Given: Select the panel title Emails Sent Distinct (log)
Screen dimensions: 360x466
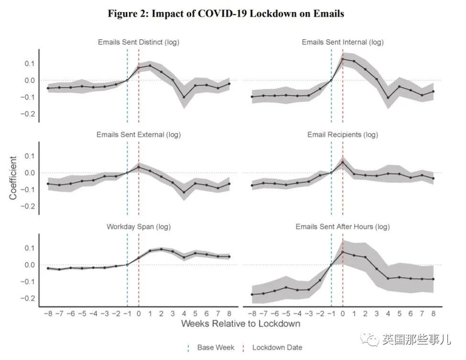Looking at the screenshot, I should tap(138, 43).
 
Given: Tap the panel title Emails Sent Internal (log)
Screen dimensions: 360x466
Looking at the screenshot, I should tap(343, 43).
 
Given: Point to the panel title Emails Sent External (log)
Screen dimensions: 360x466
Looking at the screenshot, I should tap(138, 134).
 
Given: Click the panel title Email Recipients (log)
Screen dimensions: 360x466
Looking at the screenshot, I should tap(343, 134).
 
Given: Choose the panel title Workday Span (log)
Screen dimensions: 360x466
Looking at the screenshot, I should tap(138, 227).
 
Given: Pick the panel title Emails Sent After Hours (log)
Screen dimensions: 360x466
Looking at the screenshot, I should tap(343, 227).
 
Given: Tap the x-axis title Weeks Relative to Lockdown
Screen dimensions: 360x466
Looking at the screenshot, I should tap(240, 324).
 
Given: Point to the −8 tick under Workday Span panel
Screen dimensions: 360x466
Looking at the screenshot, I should tap(48, 313).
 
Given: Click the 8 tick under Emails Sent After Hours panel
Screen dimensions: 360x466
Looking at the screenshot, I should tap(433, 313).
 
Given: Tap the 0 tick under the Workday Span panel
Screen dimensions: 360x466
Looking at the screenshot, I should tap(138, 313).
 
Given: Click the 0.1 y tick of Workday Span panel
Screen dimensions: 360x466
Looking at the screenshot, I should tap(30, 248).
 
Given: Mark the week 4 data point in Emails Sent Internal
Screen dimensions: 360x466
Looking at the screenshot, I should tap(388, 98).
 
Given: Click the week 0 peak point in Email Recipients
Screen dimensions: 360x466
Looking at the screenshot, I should tap(342, 161).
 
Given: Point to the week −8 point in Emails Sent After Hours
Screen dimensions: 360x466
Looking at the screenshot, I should tap(252, 294).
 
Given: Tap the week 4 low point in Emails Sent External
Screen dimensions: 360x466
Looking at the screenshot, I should tap(184, 192).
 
